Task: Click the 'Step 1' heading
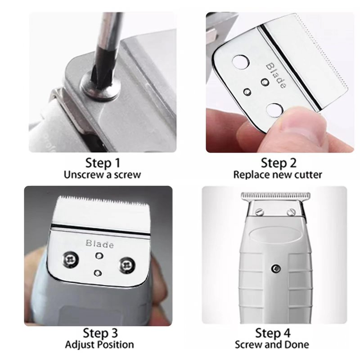(x=103, y=163)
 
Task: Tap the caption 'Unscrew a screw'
(x=103, y=175)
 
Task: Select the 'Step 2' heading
(x=279, y=163)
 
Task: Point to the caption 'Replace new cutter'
(x=278, y=175)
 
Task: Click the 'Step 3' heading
(x=100, y=333)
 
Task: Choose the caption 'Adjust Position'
(x=99, y=345)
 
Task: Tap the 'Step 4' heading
(x=273, y=333)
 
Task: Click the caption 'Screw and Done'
(x=272, y=345)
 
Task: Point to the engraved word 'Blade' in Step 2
(x=276, y=75)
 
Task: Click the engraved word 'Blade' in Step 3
(x=99, y=244)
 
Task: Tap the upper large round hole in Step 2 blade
(x=240, y=62)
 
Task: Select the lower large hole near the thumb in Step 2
(x=274, y=110)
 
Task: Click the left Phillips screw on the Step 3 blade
(x=70, y=260)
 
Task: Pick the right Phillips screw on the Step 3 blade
(x=126, y=265)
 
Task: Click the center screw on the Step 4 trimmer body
(x=276, y=268)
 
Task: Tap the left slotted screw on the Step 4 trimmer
(x=260, y=211)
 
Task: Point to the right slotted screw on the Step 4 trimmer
(x=291, y=211)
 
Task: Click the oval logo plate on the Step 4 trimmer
(x=276, y=235)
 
